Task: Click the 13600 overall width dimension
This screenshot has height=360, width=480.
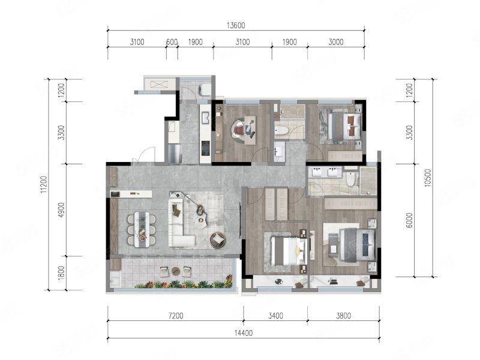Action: click(x=236, y=25)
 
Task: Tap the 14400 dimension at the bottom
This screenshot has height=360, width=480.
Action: click(x=244, y=333)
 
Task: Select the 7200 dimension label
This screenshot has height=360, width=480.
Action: click(x=176, y=316)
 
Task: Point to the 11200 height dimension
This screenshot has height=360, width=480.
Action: click(x=44, y=184)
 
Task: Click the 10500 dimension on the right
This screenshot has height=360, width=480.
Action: click(x=428, y=178)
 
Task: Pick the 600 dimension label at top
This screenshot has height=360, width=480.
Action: click(x=172, y=42)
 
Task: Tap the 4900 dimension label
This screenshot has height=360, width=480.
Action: click(x=62, y=210)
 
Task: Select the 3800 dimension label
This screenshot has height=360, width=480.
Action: click(x=343, y=316)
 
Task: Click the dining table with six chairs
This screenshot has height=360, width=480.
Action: click(x=142, y=229)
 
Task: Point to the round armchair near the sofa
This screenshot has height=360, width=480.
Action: click(x=218, y=239)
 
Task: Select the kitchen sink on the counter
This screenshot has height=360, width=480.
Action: click(x=205, y=117)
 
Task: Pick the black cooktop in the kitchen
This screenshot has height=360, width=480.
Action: click(x=205, y=148)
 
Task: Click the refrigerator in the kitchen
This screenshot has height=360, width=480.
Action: click(x=175, y=154)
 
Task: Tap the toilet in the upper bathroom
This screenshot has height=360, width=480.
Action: click(x=281, y=131)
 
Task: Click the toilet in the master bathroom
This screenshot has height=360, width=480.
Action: click(x=350, y=179)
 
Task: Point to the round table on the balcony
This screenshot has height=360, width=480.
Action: click(x=176, y=271)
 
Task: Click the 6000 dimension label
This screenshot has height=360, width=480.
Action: click(x=410, y=220)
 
